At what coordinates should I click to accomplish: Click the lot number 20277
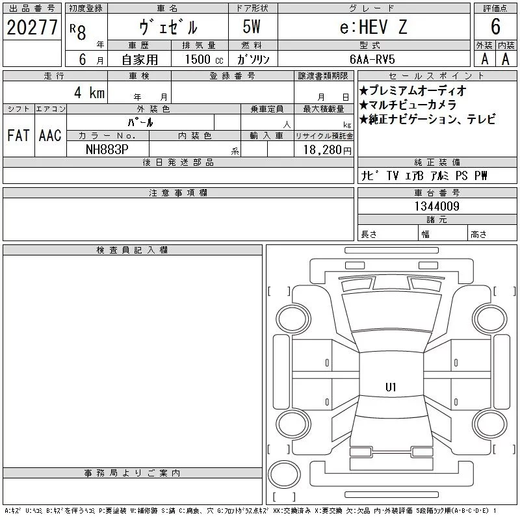[32, 27]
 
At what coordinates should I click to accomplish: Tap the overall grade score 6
[495, 27]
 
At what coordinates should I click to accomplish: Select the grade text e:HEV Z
[373, 27]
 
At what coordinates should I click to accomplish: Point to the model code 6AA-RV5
[372, 59]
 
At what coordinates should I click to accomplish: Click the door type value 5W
[252, 27]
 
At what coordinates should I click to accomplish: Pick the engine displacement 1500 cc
[204, 59]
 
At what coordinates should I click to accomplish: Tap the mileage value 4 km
[89, 92]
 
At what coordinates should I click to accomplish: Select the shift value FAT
[18, 135]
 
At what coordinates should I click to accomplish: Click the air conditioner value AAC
[50, 135]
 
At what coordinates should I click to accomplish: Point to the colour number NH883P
[107, 149]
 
